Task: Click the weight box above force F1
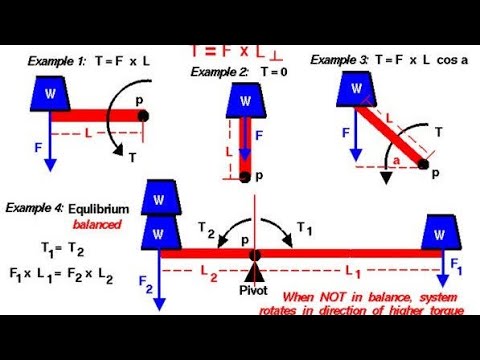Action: pos(441,234)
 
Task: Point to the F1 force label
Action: pos(457,268)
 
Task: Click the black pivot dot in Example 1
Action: pos(143,115)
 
